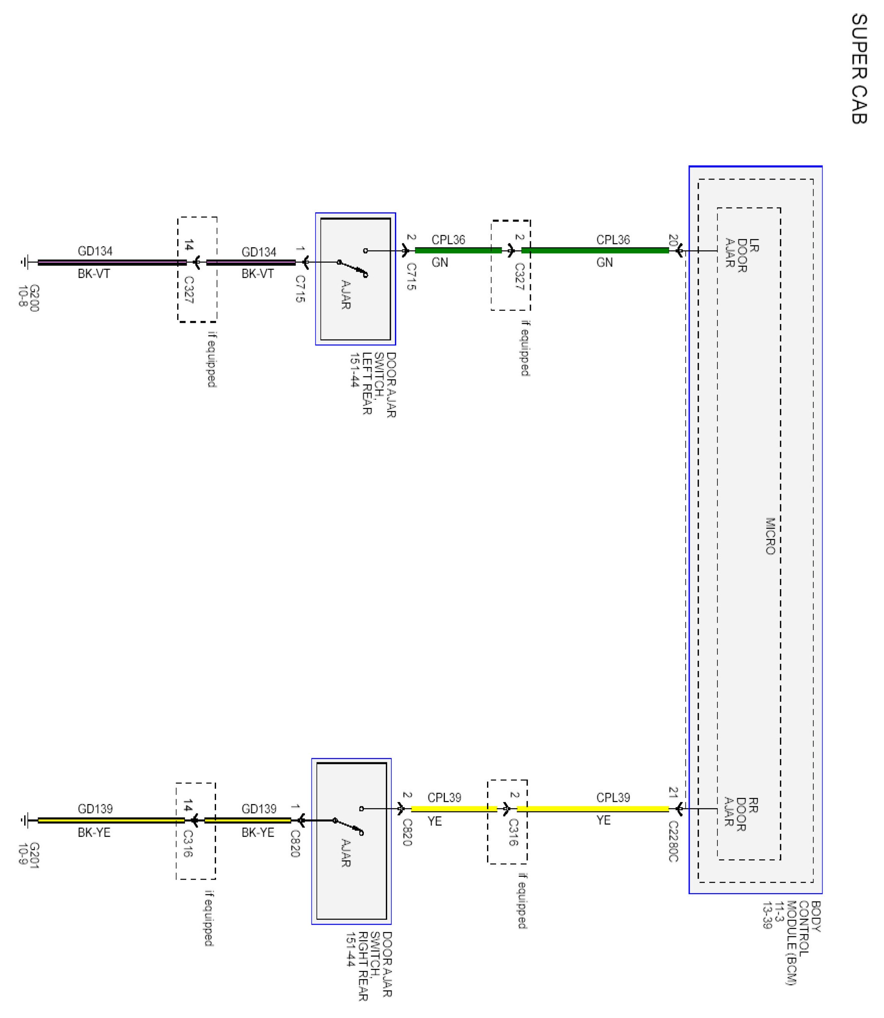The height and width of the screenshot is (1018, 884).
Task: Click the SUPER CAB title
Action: click(859, 69)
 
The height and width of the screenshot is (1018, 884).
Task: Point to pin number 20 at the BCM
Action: click(672, 240)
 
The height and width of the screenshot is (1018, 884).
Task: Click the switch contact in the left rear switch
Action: click(352, 269)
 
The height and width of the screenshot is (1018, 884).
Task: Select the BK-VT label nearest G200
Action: click(94, 273)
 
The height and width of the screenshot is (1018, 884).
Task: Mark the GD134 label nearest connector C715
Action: click(259, 252)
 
